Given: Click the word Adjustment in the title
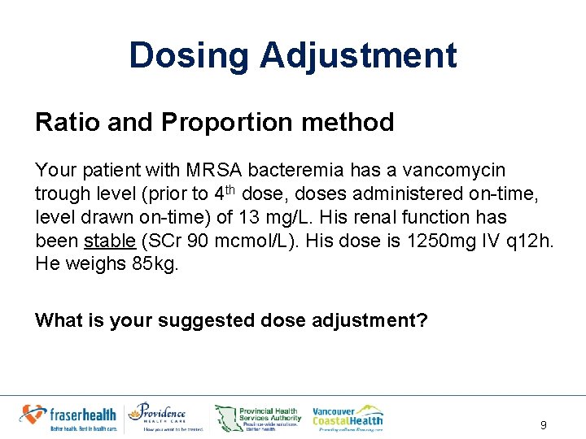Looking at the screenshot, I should coord(358,56).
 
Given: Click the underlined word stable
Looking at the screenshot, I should coord(110,241).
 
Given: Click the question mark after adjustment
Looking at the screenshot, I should coord(422,320).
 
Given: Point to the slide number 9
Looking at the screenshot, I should coord(543,425).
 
